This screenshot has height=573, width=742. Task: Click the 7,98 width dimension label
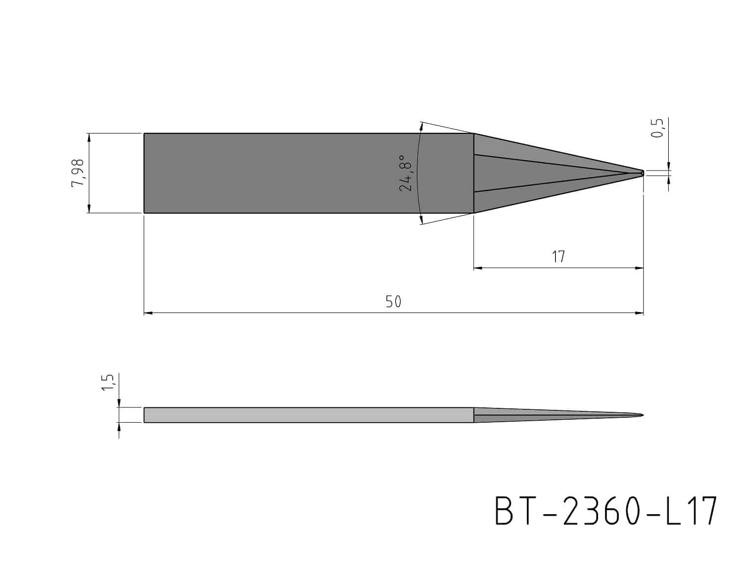[78, 173]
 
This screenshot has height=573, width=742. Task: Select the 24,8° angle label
[406, 173]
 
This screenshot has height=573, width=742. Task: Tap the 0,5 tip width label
[657, 128]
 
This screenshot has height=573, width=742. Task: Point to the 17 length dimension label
[558, 257]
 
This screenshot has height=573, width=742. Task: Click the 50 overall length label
[393, 302]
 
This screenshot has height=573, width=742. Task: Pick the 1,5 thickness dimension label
[107, 382]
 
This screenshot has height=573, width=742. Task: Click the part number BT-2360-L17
[605, 511]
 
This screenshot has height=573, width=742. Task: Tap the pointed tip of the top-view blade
[644, 173]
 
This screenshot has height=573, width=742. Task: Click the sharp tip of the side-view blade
[643, 415]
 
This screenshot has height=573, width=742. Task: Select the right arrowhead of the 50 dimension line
[639, 313]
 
